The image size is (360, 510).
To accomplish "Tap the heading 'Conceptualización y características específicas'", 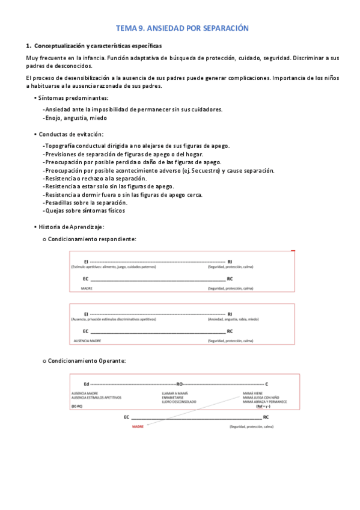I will pos(98,46).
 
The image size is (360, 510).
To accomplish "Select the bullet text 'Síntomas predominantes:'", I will pos(73,97).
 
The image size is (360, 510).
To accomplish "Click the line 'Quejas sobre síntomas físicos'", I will pos(84,210).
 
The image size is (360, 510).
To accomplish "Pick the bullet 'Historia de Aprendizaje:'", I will pos(72,227).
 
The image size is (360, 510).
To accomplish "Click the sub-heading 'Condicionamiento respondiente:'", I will pos(91,239).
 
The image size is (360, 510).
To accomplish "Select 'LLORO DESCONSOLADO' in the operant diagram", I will pos(178,401).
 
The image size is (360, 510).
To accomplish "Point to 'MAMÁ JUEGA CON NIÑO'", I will pos(261,398).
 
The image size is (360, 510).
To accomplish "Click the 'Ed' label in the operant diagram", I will pos(87,384).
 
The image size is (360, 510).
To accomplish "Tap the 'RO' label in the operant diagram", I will pos(179,384).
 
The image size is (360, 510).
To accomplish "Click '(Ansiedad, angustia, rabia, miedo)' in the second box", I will pos(233,319).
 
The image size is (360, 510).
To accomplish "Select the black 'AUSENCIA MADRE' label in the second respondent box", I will pos(87,341).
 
